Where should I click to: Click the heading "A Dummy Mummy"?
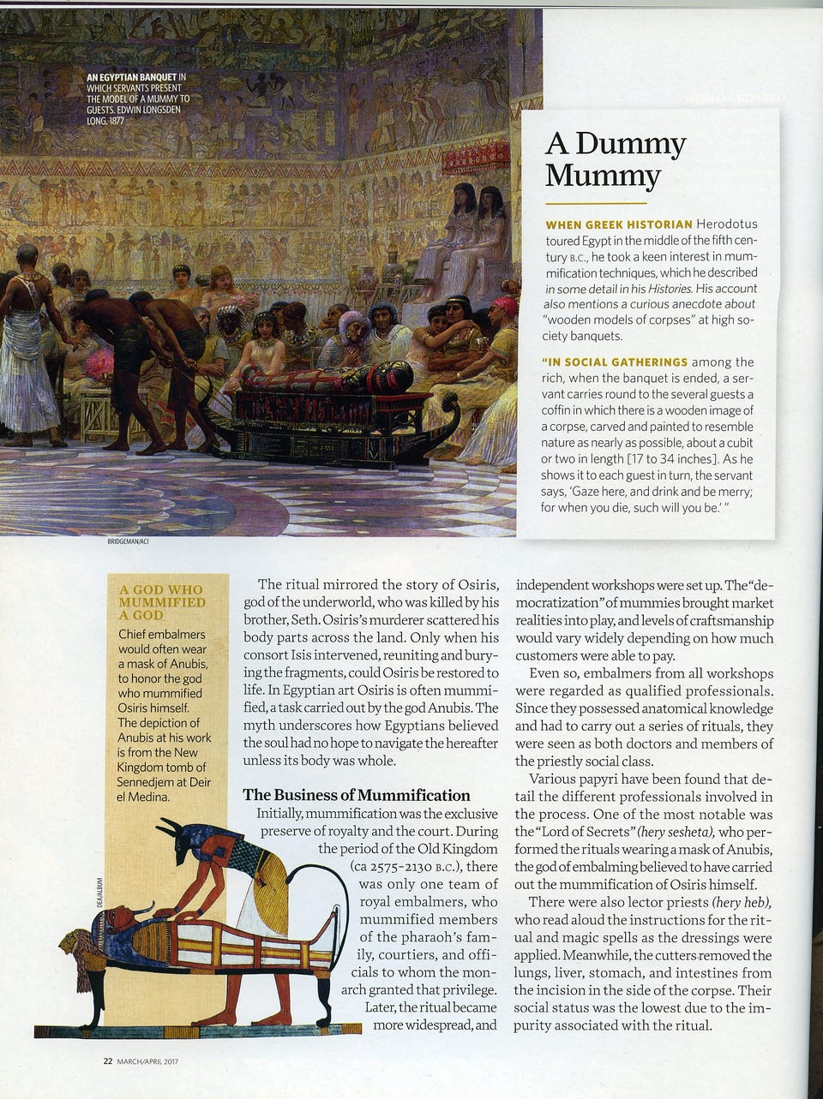pyautogui.click(x=615, y=159)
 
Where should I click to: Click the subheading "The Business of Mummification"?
pyautogui.click(x=356, y=795)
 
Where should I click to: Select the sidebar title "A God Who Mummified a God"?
pyautogui.click(x=163, y=601)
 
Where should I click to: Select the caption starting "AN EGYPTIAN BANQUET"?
pyautogui.click(x=137, y=99)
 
